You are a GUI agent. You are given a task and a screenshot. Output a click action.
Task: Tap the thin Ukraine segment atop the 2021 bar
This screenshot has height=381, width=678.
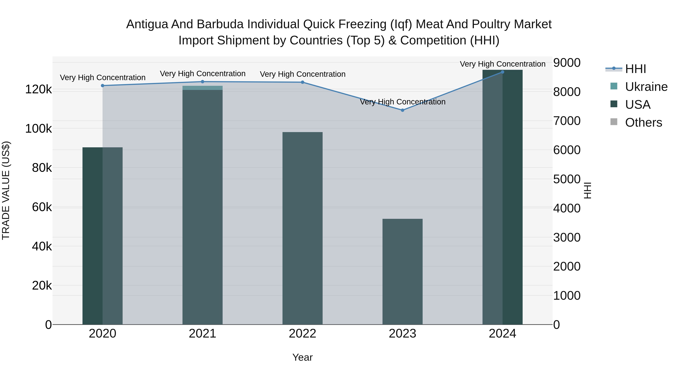(x=202, y=88)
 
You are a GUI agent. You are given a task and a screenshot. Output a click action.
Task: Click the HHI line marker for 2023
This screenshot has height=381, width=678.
(x=402, y=110)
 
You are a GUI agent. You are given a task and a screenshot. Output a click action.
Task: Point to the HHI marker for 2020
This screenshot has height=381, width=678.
(x=103, y=85)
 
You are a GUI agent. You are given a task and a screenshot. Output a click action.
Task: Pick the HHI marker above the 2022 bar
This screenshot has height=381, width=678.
(x=302, y=82)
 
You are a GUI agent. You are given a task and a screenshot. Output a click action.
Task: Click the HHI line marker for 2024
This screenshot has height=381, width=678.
(x=502, y=72)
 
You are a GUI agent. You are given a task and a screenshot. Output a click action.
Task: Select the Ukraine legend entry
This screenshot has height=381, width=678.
(x=646, y=87)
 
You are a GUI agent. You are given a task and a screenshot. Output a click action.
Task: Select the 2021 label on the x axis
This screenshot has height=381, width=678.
(x=202, y=334)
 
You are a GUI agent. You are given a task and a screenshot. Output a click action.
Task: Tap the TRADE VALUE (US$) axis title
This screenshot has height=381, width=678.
(x=6, y=190)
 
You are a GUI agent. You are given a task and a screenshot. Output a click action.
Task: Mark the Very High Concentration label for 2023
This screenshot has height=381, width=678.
(x=402, y=102)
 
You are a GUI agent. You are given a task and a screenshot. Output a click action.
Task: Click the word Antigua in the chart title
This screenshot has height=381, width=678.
(x=147, y=24)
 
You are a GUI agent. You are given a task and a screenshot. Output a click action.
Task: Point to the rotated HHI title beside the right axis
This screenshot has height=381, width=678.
(x=587, y=190)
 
